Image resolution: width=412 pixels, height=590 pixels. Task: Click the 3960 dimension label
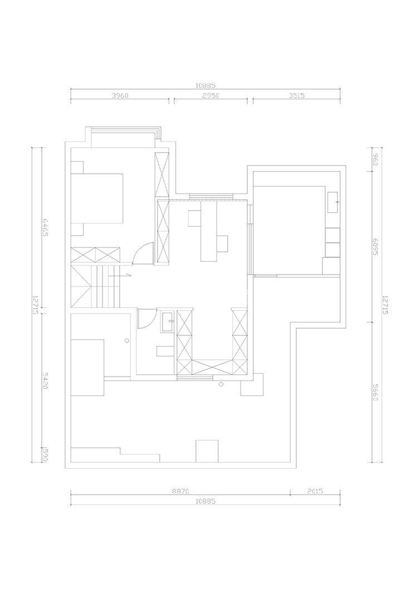point(120,95)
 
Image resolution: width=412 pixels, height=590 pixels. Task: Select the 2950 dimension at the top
point(210,95)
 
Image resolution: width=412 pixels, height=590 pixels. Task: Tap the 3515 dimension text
point(296,95)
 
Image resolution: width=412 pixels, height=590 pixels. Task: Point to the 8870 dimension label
point(180,492)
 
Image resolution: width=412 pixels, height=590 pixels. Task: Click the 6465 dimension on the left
point(38,228)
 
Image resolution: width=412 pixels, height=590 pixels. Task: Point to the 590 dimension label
point(38,454)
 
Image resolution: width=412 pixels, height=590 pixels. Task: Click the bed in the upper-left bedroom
point(97,198)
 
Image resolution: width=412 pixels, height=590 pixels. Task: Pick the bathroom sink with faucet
point(168,321)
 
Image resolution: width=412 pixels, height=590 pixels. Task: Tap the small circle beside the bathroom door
point(127,340)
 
